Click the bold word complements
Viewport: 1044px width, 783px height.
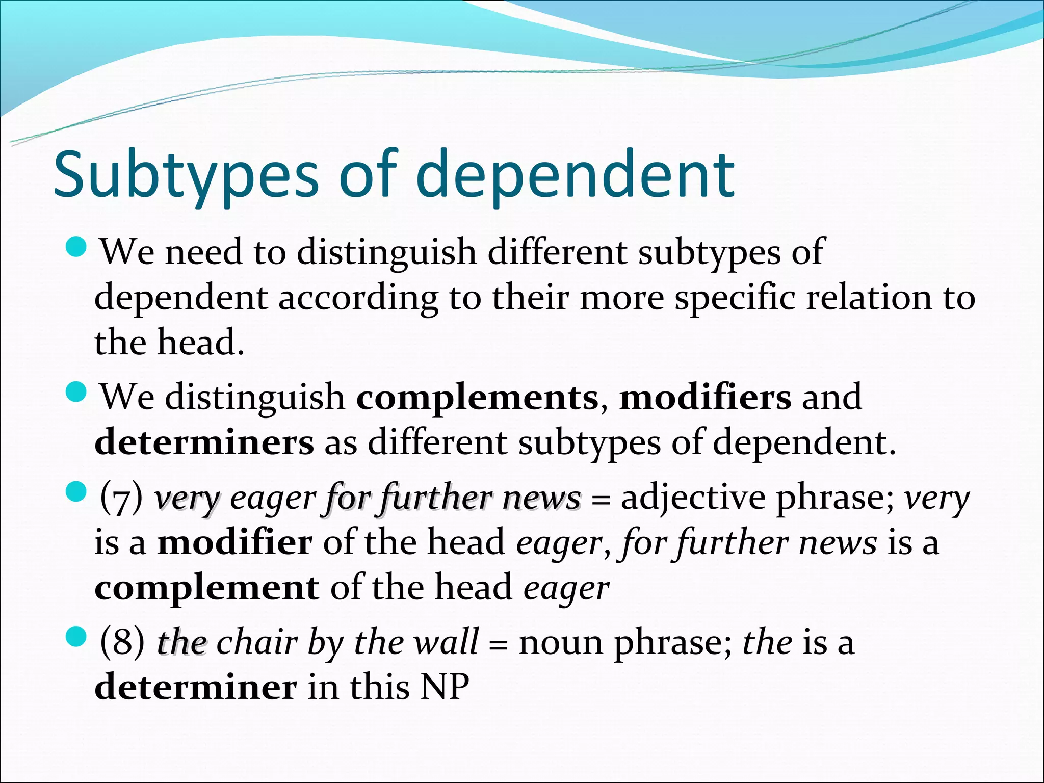coord(477,397)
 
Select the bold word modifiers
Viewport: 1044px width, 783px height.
coord(705,397)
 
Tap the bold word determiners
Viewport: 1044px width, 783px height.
coord(204,442)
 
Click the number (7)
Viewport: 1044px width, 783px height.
coord(121,498)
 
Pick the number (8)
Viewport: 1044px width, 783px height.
coord(122,642)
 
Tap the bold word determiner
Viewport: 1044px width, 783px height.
coord(195,687)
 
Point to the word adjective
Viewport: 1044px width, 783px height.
coord(693,498)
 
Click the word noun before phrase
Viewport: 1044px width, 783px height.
coord(561,642)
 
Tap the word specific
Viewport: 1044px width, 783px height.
coord(734,297)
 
